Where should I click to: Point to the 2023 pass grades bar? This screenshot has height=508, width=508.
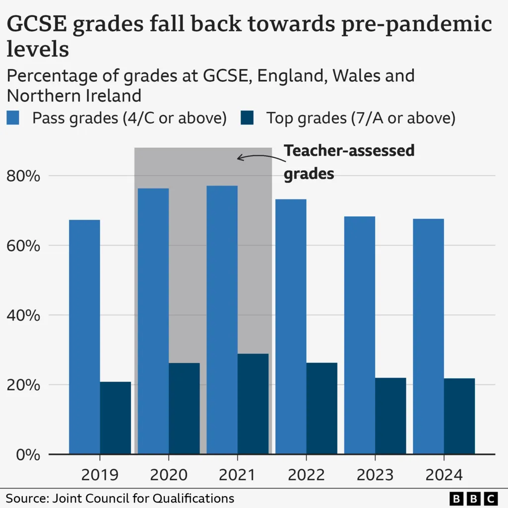360,335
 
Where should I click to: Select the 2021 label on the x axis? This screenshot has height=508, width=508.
237,475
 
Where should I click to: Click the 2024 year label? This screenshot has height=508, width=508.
444,475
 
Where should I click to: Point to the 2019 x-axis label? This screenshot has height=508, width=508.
100,475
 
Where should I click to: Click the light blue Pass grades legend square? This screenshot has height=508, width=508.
13,119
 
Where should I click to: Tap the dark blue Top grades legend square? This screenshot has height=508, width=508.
247,119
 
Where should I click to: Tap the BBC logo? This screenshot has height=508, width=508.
473,498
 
